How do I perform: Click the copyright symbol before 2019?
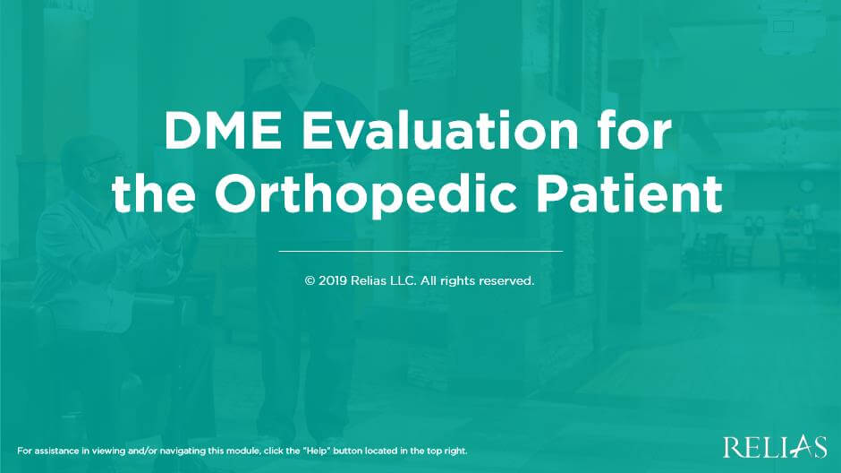[x=310, y=280]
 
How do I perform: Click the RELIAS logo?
[x=774, y=446]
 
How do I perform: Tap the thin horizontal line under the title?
[x=420, y=252]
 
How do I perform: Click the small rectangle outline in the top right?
[x=783, y=27]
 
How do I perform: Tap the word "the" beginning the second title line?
[x=147, y=195]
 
